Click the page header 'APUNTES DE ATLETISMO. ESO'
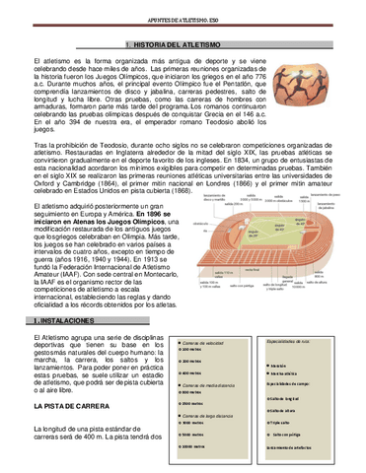pyautogui.click(x=183, y=8)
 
